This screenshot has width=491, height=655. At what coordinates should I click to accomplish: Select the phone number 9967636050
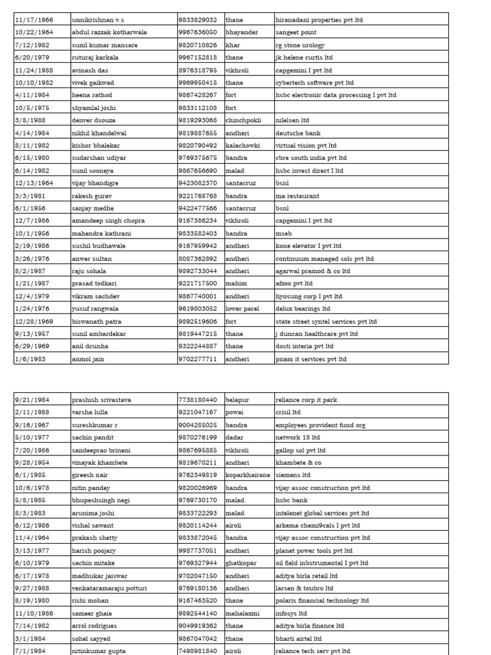click(x=197, y=33)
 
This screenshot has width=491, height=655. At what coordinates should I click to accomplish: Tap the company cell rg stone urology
click(x=300, y=45)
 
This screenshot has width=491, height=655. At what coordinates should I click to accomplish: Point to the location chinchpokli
click(x=244, y=120)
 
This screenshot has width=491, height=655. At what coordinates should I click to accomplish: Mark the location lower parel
click(x=242, y=308)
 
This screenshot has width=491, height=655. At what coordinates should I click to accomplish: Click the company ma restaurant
click(x=297, y=196)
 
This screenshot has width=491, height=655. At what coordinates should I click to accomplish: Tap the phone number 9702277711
click(x=197, y=359)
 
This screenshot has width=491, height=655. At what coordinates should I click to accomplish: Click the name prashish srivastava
click(x=102, y=400)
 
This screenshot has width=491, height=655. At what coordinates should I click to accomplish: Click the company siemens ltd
click(x=292, y=475)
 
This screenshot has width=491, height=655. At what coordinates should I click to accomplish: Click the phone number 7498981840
click(x=197, y=651)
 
